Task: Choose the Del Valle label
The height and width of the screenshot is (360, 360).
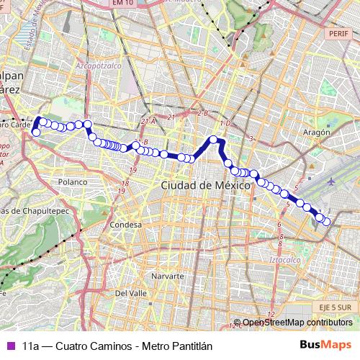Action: tap(130, 293)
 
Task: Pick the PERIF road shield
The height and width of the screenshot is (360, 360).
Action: tap(336, 33)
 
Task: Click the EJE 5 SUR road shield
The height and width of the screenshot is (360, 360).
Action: tap(333, 307)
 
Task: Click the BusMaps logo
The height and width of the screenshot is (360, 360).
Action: tap(325, 346)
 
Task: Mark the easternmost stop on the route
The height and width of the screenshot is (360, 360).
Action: tap(328, 222)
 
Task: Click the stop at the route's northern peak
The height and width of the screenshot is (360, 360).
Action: tap(213, 140)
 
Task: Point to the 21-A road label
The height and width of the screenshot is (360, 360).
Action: tap(148, 122)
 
